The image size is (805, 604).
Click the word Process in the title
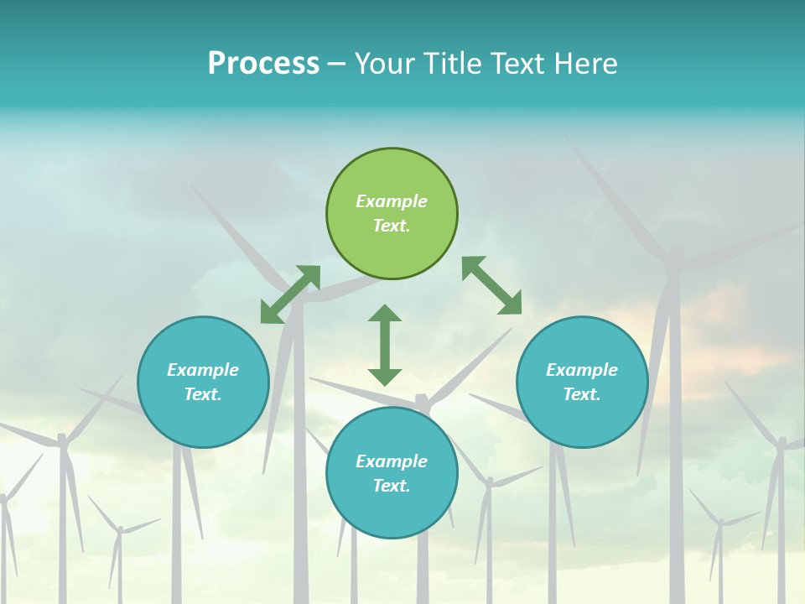(263, 64)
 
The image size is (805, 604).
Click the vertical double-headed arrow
(385, 345)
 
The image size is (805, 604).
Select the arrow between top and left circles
(290, 294)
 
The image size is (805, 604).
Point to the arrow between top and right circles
(491, 285)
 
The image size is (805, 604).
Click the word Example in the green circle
(392, 201)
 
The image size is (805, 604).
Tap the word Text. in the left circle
(203, 394)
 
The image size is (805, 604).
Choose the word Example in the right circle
(582, 370)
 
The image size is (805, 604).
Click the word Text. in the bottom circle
(392, 486)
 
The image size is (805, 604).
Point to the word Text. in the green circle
(392, 226)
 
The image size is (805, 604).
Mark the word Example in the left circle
(203, 370)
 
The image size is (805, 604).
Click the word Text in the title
(516, 64)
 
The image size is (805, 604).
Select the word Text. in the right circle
(582, 394)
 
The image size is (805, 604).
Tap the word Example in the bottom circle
(392, 461)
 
